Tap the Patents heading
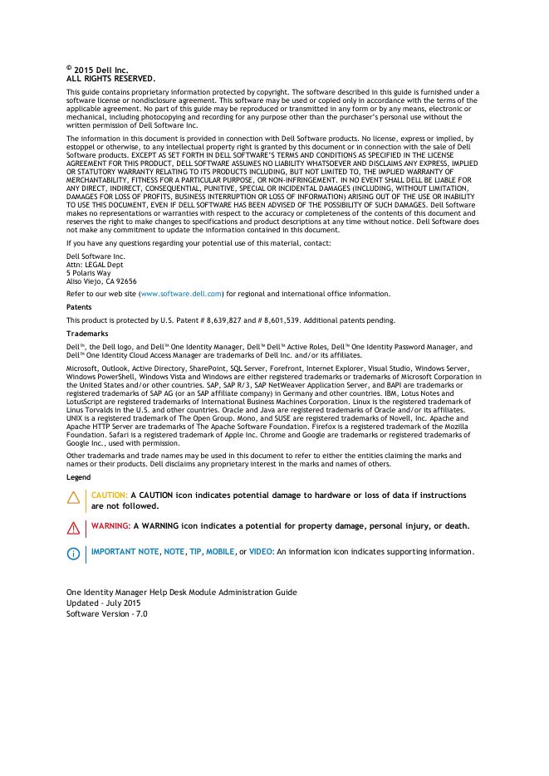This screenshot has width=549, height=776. pos(80,307)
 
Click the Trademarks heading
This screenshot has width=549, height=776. pos(87,333)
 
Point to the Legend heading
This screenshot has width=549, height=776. pos(79,477)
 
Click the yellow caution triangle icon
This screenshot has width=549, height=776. pos(73,497)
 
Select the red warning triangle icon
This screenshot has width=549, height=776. pos(73,527)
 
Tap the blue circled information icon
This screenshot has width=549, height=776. pos(73,553)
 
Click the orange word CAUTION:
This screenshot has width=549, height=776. pos(110,495)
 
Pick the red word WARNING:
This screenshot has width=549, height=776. pos(110,526)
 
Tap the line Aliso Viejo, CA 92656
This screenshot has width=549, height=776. pos(101,281)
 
